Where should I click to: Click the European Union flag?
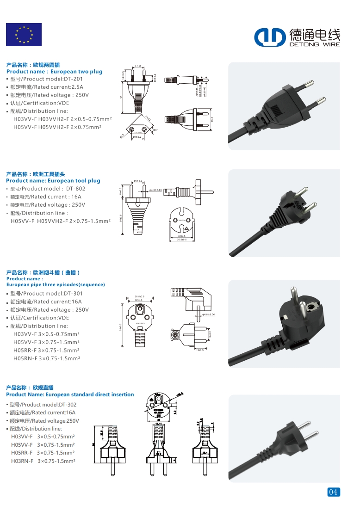pos(24,35)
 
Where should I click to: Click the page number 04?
pos(333,492)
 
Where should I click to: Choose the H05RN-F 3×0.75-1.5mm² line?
pos(46,358)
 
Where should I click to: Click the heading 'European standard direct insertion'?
pos(70,394)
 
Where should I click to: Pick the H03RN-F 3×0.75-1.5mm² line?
pos(43,461)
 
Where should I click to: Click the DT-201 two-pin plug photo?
pos(284,106)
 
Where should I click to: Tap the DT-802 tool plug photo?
pos(284,213)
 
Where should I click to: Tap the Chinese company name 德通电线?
pos(314,34)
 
